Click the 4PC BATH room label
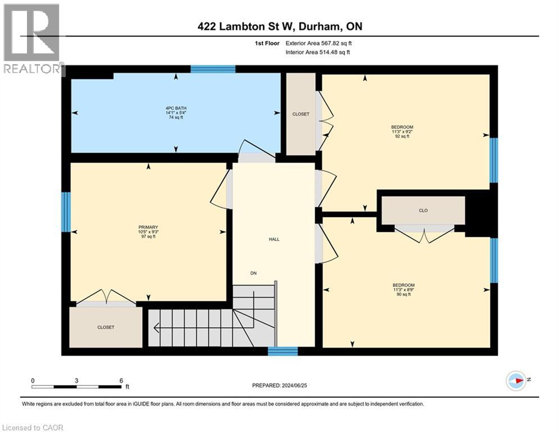[x=176, y=112]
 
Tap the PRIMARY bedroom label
[x=147, y=232]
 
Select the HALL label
[x=274, y=239]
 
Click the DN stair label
[x=254, y=273]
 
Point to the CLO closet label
[x=423, y=210]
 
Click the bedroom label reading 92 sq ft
[x=402, y=132]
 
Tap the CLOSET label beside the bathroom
[x=301, y=114]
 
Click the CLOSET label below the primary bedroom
[x=106, y=327]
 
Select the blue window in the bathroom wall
[x=212, y=69]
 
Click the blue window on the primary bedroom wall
[x=66, y=212]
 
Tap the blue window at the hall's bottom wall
[x=283, y=352]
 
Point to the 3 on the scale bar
[x=76, y=380]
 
